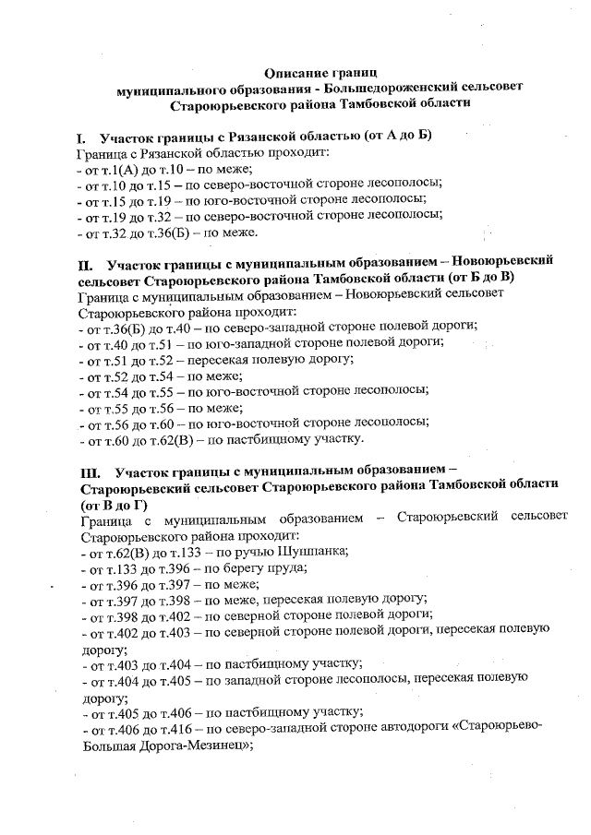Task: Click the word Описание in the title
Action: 295,72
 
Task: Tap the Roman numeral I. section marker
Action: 81,137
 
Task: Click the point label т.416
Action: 179,726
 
